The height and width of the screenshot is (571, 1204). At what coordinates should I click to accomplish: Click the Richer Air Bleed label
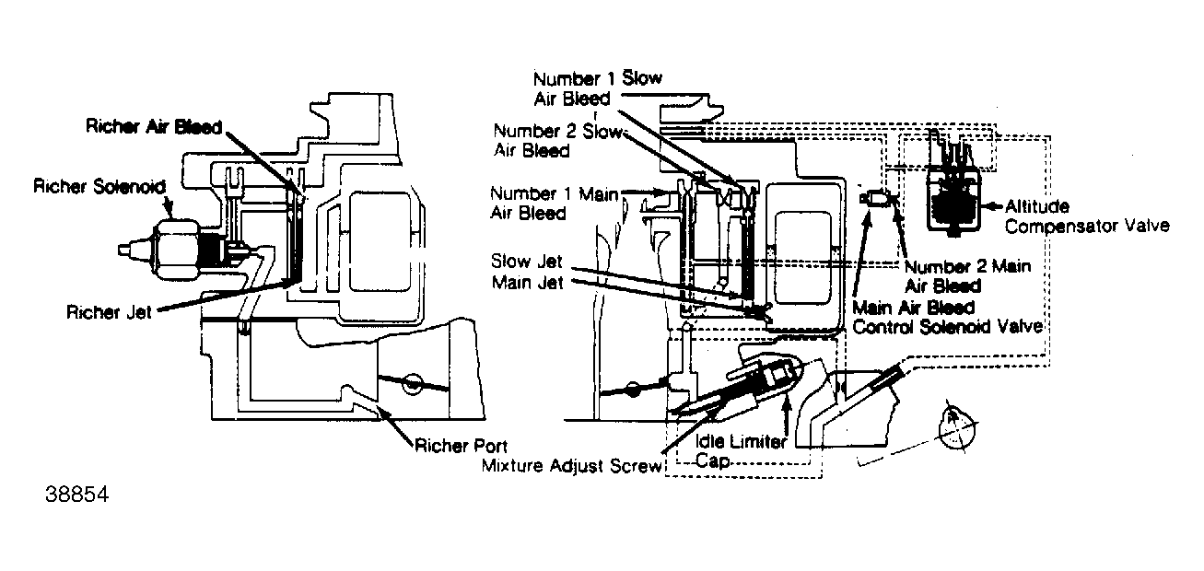pyautogui.click(x=154, y=127)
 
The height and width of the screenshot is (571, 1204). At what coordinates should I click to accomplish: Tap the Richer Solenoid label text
pyautogui.click(x=99, y=187)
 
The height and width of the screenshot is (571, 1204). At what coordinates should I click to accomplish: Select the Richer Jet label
pyautogui.click(x=108, y=311)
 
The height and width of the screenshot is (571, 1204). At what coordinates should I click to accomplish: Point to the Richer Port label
pyautogui.click(x=461, y=447)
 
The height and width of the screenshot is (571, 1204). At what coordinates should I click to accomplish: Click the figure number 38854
pyautogui.click(x=77, y=495)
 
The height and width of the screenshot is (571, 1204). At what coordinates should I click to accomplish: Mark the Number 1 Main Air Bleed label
pyautogui.click(x=553, y=203)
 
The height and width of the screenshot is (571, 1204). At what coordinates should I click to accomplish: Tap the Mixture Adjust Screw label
pyautogui.click(x=571, y=465)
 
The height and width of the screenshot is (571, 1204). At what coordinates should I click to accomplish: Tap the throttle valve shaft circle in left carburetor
pyautogui.click(x=414, y=381)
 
